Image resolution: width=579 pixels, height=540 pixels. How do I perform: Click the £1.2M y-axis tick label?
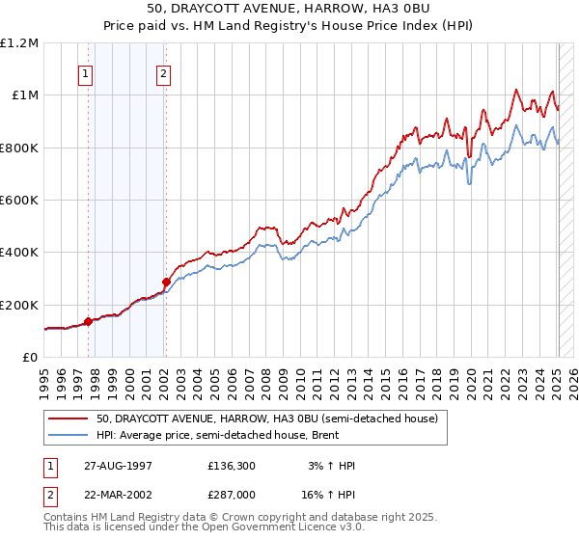19,43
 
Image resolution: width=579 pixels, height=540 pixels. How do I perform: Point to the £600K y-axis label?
18,201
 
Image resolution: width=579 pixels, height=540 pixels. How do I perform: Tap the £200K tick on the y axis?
18,305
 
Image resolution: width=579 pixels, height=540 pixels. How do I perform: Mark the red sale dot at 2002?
166,282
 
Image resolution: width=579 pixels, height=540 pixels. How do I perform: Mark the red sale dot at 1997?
89,321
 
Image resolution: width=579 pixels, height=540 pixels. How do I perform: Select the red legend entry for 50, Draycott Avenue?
267,419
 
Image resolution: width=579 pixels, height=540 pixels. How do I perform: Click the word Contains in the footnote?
67,519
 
